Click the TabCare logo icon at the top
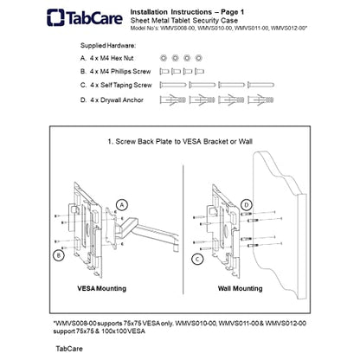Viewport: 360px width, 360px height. click(x=55, y=17)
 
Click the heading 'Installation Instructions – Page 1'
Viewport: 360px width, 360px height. click(x=187, y=12)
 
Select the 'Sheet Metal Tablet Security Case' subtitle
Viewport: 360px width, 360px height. click(x=184, y=21)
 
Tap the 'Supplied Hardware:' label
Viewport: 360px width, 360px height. click(x=108, y=46)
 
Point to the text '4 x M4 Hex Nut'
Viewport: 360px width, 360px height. click(x=112, y=58)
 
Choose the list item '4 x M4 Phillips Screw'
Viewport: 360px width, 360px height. click(x=120, y=72)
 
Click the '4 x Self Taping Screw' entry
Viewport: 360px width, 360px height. click(x=121, y=85)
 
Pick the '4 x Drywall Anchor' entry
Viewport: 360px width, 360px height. click(x=117, y=100)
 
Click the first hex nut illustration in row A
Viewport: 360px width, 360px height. click(x=164, y=58)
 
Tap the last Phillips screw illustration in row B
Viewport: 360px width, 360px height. click(x=200, y=71)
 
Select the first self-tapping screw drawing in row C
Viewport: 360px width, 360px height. click(x=173, y=85)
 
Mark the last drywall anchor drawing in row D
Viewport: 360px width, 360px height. click(x=260, y=100)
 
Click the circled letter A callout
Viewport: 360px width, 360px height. click(x=122, y=205)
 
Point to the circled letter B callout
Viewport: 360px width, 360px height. click(x=59, y=255)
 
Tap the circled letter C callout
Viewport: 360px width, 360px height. click(x=197, y=259)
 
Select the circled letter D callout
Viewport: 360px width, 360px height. click(x=247, y=205)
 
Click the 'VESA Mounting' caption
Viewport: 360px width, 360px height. click(x=102, y=288)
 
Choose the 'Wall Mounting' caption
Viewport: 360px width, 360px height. click(x=241, y=288)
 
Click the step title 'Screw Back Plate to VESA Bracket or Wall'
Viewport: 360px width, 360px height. click(x=184, y=142)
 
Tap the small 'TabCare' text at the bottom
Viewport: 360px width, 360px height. click(x=69, y=349)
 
